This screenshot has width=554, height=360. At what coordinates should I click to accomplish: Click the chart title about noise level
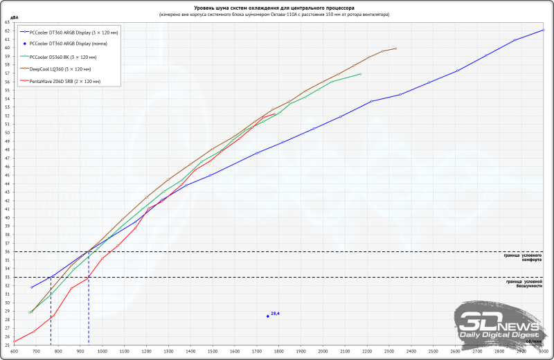coord(277,6)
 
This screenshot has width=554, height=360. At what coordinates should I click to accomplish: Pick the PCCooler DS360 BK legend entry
coord(58,56)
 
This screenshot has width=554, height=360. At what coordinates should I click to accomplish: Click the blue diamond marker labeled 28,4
coord(267,316)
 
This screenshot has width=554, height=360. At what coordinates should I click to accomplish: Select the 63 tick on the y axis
coord(7,22)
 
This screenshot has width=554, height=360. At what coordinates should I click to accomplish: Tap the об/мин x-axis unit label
coord(533,341)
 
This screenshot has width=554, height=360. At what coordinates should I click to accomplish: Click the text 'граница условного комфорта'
coord(523,258)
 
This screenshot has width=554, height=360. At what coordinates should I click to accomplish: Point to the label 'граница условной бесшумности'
coord(524,284)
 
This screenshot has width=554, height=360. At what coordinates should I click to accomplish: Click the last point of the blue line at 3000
coord(544,30)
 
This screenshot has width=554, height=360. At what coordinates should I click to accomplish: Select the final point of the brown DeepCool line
coord(395,48)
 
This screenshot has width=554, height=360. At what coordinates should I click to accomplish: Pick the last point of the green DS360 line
coord(361,74)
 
